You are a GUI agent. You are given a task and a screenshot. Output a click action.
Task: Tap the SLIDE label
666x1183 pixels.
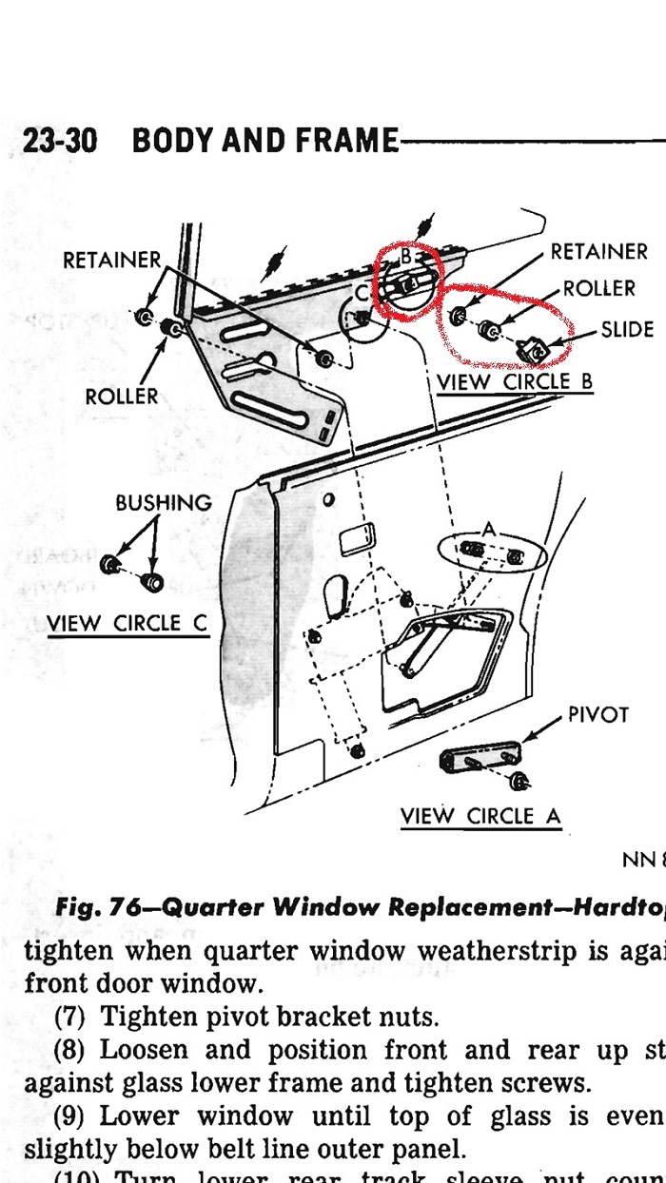pos(627,330)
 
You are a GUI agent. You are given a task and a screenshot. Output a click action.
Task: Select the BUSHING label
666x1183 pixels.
pos(164,503)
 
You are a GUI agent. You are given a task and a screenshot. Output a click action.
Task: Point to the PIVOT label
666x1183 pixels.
pos(598,714)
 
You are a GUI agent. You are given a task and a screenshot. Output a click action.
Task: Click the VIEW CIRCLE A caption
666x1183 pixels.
pos(480,816)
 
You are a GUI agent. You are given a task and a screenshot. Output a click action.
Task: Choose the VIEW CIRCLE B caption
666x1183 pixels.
pos(515,382)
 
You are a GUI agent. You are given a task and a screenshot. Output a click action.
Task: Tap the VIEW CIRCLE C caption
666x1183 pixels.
pos(127,624)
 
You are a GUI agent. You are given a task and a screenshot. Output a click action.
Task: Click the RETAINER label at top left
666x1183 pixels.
pos(112,260)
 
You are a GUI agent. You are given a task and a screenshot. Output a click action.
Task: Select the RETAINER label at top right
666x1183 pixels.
pos(599,252)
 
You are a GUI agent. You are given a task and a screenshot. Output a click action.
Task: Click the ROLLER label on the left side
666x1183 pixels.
pos(122,396)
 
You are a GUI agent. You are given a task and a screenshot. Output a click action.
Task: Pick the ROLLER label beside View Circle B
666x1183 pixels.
pos(599,288)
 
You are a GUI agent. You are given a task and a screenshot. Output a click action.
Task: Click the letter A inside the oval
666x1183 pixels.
pos(489,529)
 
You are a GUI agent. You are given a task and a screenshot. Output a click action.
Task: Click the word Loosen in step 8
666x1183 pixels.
pos(144,1051)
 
